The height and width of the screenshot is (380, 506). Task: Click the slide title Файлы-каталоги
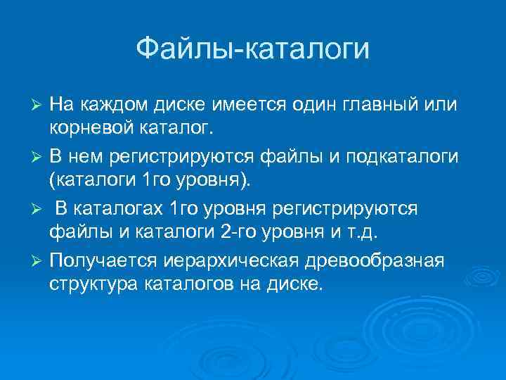click(252, 49)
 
